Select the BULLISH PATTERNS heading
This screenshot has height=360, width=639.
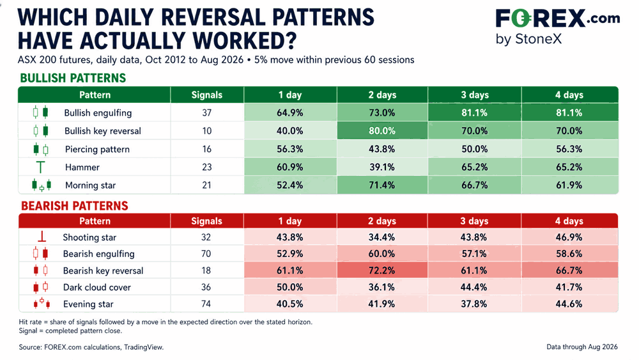(x=73, y=78)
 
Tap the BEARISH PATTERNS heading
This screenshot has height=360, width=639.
(x=75, y=205)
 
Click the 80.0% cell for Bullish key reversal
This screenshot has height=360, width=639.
(x=382, y=131)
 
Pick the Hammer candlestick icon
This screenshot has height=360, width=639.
(x=40, y=167)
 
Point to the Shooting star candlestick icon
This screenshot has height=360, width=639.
(x=42, y=237)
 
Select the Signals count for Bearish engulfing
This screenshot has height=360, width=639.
(x=206, y=254)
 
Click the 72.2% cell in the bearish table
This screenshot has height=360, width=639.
(x=382, y=270)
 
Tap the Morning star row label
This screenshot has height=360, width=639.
(x=91, y=185)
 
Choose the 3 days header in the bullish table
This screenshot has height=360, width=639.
(x=475, y=95)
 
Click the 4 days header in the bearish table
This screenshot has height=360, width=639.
(x=569, y=221)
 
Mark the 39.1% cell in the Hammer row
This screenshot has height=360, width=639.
(x=382, y=167)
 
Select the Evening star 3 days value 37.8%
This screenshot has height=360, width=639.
(x=473, y=304)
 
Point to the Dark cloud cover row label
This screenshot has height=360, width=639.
(x=97, y=288)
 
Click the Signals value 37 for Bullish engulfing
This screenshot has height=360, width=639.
(x=206, y=113)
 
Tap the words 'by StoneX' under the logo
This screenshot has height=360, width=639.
(x=528, y=39)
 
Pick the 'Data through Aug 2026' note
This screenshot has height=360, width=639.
(x=582, y=347)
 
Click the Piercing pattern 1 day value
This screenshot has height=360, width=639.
(x=289, y=149)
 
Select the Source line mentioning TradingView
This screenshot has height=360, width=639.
(x=91, y=347)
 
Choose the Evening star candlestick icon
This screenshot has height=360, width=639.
(x=42, y=303)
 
